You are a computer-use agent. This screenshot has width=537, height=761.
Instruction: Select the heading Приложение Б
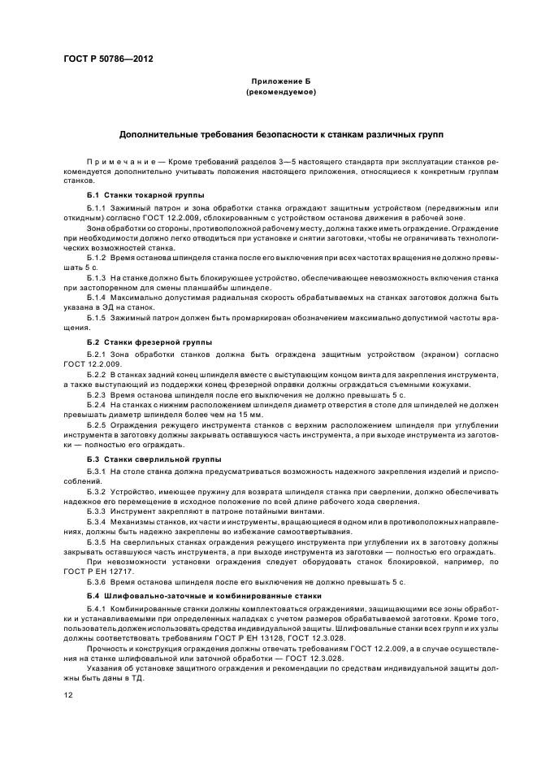[280, 83]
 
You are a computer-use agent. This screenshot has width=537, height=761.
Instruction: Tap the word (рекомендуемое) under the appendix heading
[280, 93]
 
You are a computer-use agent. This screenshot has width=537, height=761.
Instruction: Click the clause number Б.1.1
[97, 209]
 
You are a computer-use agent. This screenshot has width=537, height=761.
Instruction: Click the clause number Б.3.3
[97, 512]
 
